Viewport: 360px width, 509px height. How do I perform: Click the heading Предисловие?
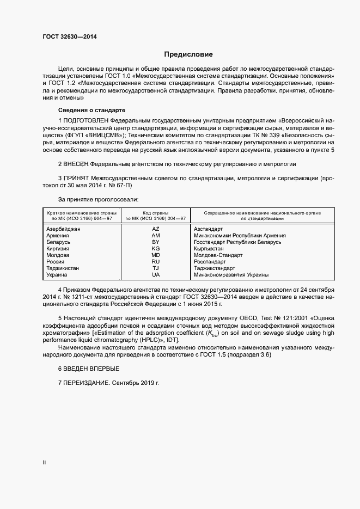click(x=189, y=54)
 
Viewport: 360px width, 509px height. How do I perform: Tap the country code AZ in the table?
click(x=156, y=229)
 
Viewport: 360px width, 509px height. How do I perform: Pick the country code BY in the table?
click(x=156, y=242)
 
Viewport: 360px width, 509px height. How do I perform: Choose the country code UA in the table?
click(x=156, y=275)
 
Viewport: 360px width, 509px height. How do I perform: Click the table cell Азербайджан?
click(x=64, y=229)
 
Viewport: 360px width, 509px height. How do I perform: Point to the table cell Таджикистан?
click(x=63, y=268)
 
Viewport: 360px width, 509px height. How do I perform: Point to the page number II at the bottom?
click(x=44, y=463)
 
